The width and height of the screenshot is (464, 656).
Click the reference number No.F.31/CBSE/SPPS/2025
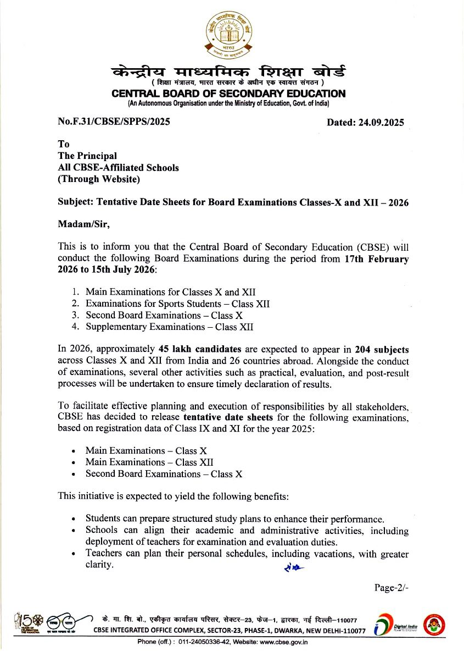tap(114, 122)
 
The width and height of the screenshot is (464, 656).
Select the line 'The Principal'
tap(87, 156)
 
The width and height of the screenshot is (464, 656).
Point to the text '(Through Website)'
tap(99, 179)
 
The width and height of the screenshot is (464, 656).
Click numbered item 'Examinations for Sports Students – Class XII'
tap(177, 304)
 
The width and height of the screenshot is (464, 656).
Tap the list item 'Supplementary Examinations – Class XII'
tap(169, 327)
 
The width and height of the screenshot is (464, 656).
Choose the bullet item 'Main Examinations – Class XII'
tap(149, 462)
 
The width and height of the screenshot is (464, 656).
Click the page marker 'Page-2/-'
tap(392, 588)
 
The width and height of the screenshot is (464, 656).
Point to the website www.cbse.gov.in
tap(283, 642)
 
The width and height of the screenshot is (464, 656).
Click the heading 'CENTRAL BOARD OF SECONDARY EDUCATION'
tap(228, 94)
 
